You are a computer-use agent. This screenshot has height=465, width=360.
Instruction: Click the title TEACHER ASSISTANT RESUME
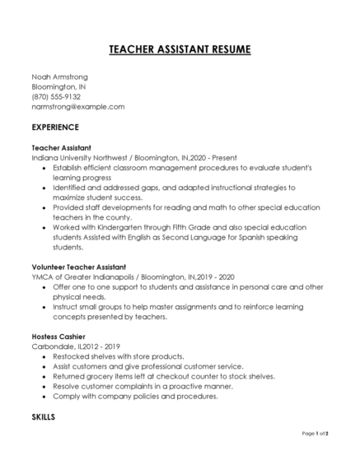tap(180, 50)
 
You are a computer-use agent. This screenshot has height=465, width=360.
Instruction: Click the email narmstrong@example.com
tap(77, 106)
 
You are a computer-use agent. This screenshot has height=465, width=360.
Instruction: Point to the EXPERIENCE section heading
tap(55, 128)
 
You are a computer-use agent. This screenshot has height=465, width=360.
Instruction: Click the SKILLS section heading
tap(43, 417)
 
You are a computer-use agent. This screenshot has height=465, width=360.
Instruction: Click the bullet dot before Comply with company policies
tap(44, 396)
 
